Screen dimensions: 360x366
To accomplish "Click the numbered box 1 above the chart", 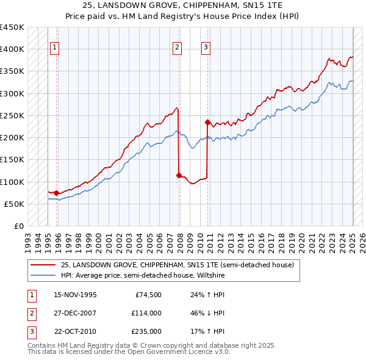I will (x=55, y=48).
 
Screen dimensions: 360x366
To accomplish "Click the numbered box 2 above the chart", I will (x=177, y=48).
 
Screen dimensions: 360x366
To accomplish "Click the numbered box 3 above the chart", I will (x=206, y=48).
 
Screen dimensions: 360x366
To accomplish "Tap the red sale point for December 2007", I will (x=179, y=176).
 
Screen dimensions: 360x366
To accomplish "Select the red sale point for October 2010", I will (x=208, y=122).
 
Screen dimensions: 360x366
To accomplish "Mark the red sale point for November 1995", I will (x=56, y=193).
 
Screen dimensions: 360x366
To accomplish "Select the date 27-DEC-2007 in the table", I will (x=76, y=313).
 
